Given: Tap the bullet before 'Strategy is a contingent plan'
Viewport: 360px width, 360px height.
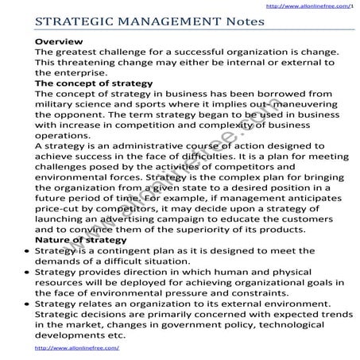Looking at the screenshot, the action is (x=28, y=250).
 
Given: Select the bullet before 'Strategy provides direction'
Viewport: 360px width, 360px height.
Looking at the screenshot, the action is (x=28, y=272).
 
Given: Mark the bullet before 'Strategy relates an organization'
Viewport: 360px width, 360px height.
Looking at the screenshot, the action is (x=28, y=304).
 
